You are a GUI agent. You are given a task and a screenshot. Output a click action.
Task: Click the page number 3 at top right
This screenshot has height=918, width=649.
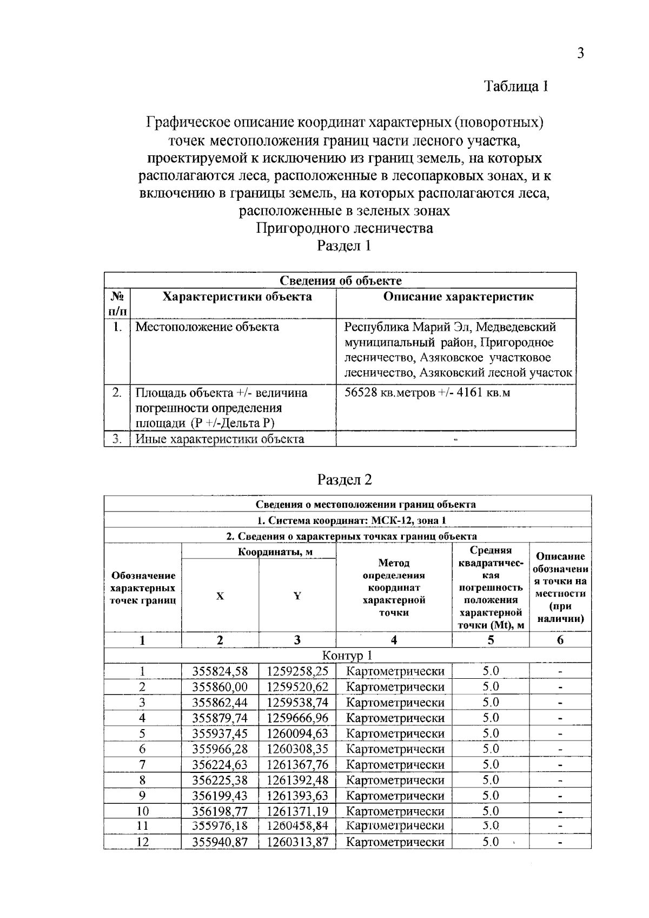pyautogui.click(x=580, y=53)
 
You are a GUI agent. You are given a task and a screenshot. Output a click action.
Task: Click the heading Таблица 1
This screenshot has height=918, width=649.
pyautogui.click(x=516, y=87)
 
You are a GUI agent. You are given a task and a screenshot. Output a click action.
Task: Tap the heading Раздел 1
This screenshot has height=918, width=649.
pyautogui.click(x=344, y=246)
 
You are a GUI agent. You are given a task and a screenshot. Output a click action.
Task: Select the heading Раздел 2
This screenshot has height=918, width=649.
pyautogui.click(x=345, y=480)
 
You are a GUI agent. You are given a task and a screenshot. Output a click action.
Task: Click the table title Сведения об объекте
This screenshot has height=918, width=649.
pyautogui.click(x=340, y=280)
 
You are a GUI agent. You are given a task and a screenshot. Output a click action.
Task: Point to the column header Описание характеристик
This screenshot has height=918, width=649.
pyautogui.click(x=458, y=297)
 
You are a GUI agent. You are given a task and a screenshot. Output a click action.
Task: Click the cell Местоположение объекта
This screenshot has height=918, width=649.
pyautogui.click(x=207, y=327)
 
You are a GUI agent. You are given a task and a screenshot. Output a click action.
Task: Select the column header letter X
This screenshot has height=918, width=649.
pyautogui.click(x=220, y=596)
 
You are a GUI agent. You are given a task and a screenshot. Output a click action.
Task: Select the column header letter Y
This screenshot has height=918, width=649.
pyautogui.click(x=297, y=596)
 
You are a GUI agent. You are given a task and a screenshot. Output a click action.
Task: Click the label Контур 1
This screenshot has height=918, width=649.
pyautogui.click(x=347, y=655)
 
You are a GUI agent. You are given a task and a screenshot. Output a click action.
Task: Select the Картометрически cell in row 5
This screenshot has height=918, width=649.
pyautogui.click(x=395, y=733)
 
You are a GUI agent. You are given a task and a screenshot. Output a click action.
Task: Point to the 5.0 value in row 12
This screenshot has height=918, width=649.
pyautogui.click(x=491, y=842)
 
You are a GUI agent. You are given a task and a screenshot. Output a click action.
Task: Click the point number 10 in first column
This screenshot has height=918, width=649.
pyautogui.click(x=142, y=811)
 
